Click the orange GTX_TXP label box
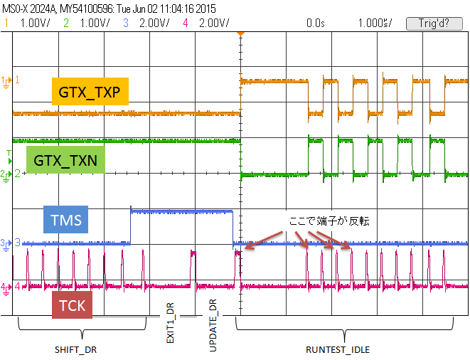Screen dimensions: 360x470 pyautogui.click(x=90, y=91)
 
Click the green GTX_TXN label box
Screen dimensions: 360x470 pyautogui.click(x=65, y=159)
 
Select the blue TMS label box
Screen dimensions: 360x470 pyautogui.click(x=65, y=220)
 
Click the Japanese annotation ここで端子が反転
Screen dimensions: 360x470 pyautogui.click(x=329, y=221)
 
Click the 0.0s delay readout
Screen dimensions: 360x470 pyautogui.click(x=315, y=23)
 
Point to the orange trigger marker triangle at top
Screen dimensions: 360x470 pyautogui.click(x=241, y=34)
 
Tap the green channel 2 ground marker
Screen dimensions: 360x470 pyautogui.click(x=7, y=174)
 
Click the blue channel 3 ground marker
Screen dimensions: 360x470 pyautogui.click(x=7, y=243)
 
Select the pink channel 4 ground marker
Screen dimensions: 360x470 pyautogui.click(x=7, y=287)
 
